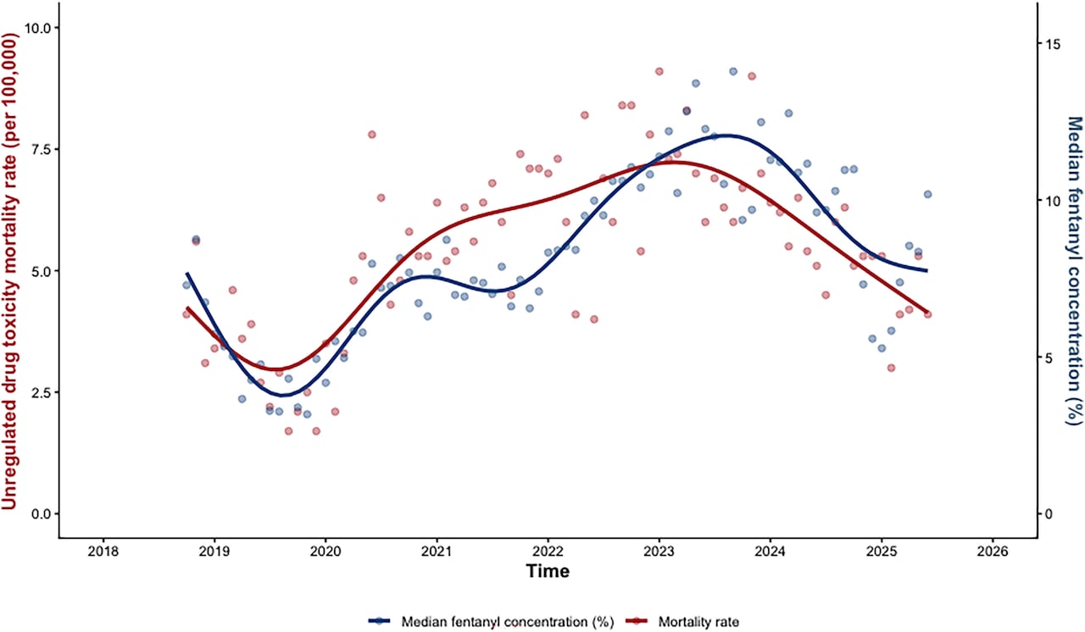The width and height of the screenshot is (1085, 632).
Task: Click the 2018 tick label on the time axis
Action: pos(103,551)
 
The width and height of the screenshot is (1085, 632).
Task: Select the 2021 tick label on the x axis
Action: pos(437,551)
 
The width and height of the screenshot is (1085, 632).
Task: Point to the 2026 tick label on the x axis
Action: pos(993,551)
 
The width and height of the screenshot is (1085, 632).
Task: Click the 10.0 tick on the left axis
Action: pos(35,28)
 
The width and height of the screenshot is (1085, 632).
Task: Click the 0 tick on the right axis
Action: pos(1049,513)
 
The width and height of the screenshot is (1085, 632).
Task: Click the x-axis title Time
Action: pos(548,572)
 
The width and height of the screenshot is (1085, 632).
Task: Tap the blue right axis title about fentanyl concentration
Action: pos(1073,271)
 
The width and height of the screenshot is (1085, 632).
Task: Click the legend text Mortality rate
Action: pos(702,622)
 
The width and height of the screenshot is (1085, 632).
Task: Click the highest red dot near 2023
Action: pos(659,71)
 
